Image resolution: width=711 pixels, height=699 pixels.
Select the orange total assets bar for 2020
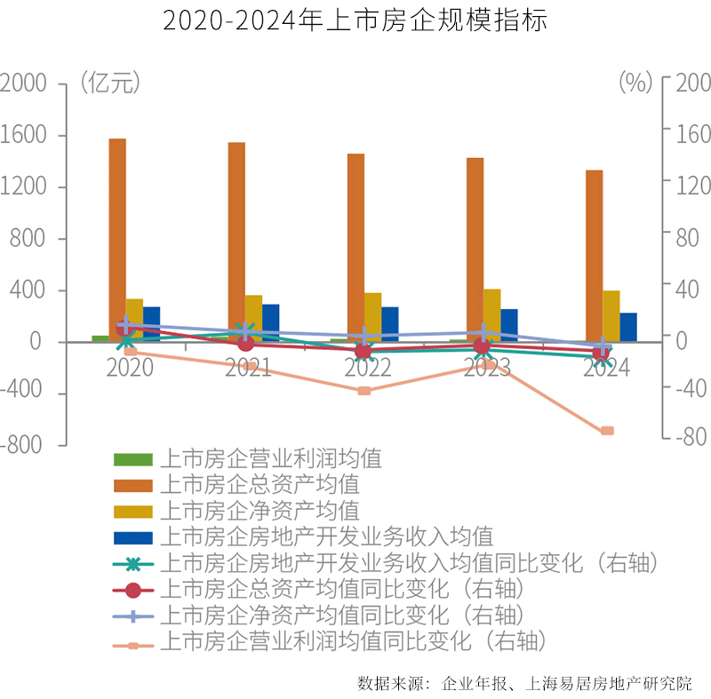click(117, 240)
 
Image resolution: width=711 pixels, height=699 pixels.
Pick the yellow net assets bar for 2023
click(491, 315)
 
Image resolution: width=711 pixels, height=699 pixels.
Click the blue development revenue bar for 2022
click(390, 324)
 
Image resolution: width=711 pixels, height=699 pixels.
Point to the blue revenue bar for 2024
click(628, 327)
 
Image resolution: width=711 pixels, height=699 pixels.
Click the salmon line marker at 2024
click(607, 431)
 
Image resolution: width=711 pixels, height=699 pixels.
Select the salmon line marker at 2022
click(364, 391)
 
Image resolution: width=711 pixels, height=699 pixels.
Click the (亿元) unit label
click(109, 83)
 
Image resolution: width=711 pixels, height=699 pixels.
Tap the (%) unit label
click(635, 83)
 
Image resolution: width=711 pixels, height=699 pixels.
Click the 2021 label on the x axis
click(248, 368)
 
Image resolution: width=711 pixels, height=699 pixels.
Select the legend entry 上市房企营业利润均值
click(270, 459)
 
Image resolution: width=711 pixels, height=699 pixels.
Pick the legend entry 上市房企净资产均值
click(259, 511)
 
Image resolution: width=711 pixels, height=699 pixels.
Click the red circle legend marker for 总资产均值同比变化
click(133, 589)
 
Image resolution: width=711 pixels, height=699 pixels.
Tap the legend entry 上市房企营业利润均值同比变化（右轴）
click(351, 639)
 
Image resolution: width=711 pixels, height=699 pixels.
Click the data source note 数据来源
click(524, 683)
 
